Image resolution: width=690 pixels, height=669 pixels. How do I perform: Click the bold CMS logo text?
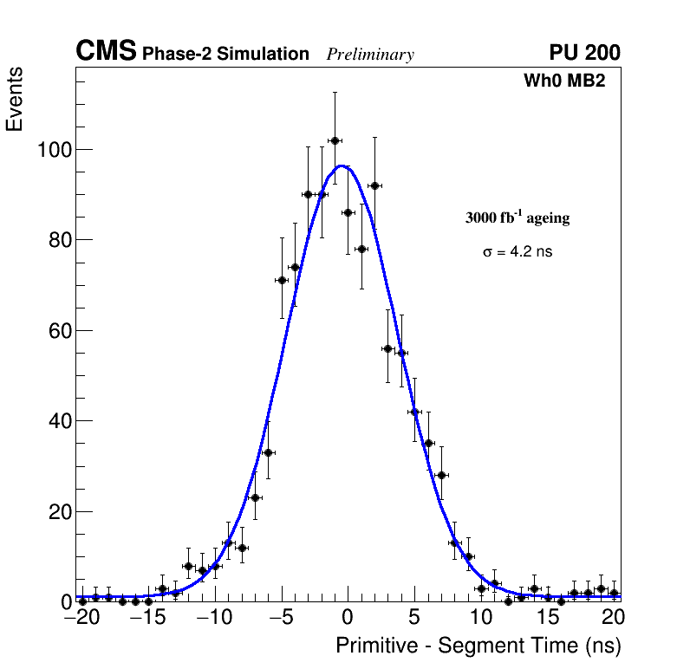tap(106, 52)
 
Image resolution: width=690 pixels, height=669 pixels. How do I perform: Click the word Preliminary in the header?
tap(370, 55)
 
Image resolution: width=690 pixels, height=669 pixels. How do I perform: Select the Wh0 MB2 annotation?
tap(564, 81)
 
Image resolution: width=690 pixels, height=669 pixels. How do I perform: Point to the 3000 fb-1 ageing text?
tap(517, 218)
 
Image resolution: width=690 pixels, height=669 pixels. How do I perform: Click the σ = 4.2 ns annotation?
tap(517, 252)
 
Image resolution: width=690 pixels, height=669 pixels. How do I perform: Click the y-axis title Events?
tap(15, 99)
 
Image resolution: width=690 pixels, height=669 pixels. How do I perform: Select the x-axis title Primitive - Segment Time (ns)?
tap(478, 646)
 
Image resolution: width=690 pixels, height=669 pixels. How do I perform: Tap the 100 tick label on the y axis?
tap(54, 150)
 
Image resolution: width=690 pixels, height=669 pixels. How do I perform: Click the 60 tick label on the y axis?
tap(59, 331)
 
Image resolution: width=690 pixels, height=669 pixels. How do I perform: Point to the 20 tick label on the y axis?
tap(59, 512)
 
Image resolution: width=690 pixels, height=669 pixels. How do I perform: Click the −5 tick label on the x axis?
tap(281, 618)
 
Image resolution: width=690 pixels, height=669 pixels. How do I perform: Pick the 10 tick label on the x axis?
tap(481, 618)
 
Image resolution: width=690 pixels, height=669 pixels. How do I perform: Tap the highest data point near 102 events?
tap(335, 140)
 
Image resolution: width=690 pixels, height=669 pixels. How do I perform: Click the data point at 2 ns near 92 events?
tap(374, 185)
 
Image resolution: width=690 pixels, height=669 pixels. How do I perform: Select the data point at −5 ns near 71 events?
tap(282, 280)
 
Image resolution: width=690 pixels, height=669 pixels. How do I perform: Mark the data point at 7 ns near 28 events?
tap(441, 475)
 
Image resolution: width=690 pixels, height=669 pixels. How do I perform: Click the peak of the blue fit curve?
tap(343, 166)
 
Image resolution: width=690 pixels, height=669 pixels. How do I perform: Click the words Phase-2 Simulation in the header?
tap(225, 55)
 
